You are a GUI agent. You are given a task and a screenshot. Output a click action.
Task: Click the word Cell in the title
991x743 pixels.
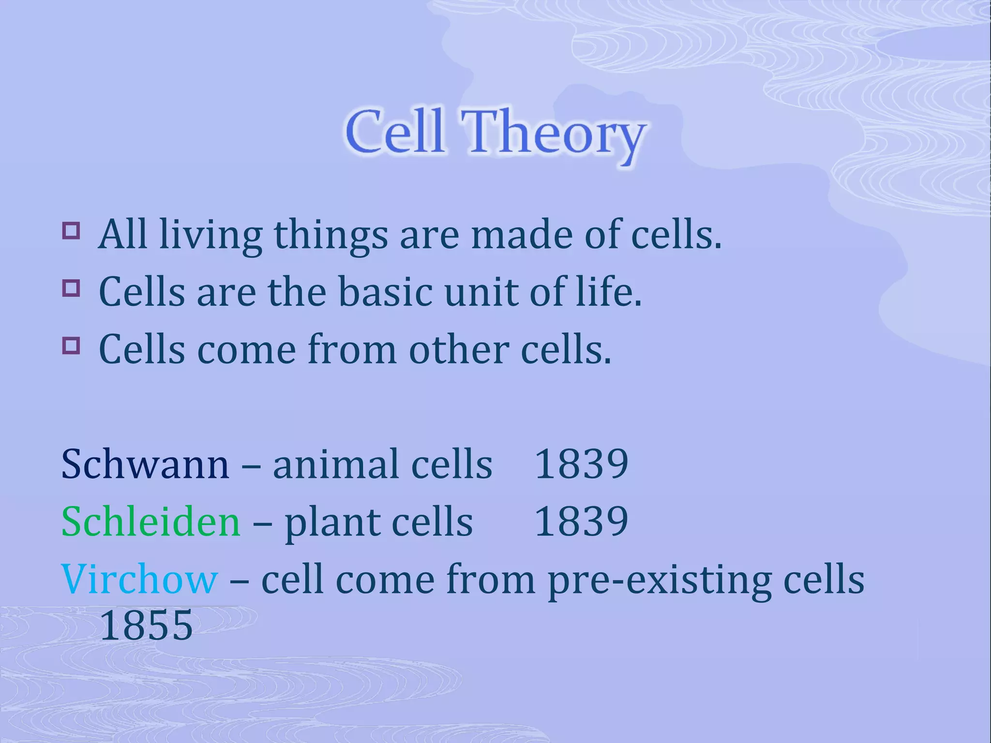[x=394, y=132]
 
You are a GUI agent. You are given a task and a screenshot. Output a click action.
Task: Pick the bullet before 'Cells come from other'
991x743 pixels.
[x=71, y=345]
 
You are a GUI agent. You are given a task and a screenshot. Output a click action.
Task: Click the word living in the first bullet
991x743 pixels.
[x=210, y=236]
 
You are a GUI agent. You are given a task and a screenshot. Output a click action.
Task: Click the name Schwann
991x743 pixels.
[x=145, y=464]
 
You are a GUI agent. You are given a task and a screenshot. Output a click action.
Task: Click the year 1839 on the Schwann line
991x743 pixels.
[x=581, y=464]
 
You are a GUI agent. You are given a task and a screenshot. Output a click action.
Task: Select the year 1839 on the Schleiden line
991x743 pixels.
[x=581, y=521]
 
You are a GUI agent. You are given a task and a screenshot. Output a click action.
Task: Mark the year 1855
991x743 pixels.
[x=146, y=625]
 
